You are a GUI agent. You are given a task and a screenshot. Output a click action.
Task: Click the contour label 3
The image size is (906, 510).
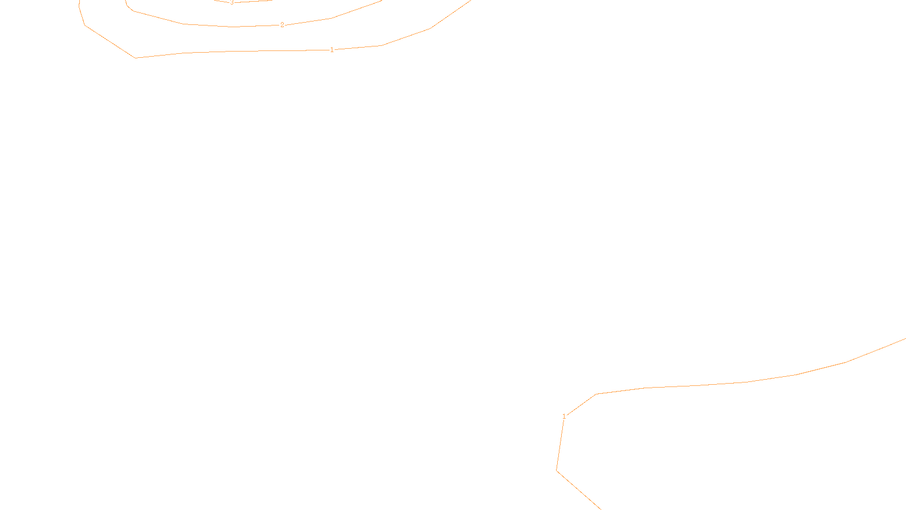(x=232, y=2)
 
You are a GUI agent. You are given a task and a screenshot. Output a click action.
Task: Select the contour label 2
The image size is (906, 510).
(x=282, y=25)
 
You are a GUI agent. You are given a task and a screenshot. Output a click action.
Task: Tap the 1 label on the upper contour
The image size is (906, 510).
(x=332, y=50)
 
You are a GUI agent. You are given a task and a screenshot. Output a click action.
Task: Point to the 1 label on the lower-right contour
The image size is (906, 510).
(x=564, y=416)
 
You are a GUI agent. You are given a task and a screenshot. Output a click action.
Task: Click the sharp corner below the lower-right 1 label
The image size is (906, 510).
(x=557, y=470)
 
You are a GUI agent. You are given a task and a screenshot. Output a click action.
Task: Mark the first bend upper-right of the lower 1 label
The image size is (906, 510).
(x=597, y=394)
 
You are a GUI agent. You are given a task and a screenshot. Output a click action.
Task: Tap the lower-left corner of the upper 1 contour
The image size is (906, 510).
(x=135, y=58)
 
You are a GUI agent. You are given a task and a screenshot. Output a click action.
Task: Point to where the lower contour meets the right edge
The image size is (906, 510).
(x=905, y=339)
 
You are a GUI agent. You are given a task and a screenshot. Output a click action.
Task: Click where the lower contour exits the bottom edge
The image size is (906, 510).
(x=600, y=509)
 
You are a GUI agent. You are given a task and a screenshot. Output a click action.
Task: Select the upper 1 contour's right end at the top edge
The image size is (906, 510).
(x=471, y=1)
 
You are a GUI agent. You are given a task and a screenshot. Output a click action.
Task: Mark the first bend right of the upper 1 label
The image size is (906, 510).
(x=381, y=46)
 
